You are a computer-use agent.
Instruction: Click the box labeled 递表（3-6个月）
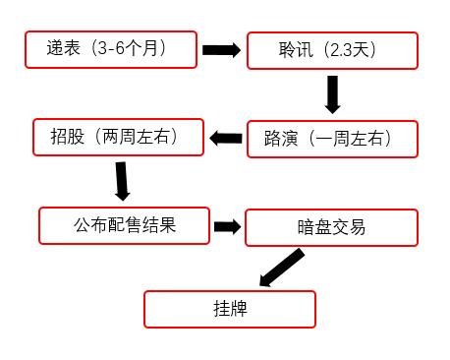(112, 49)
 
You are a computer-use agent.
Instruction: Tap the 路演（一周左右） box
(319, 140)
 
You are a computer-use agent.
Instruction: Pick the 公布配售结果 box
(124, 225)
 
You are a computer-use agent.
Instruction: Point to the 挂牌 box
(230, 309)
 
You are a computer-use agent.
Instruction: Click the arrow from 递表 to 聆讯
(221, 49)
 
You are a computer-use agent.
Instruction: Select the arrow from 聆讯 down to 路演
(333, 94)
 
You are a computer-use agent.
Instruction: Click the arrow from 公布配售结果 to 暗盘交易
(228, 226)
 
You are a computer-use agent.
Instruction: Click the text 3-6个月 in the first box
(128, 47)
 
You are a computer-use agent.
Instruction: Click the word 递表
(64, 47)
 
